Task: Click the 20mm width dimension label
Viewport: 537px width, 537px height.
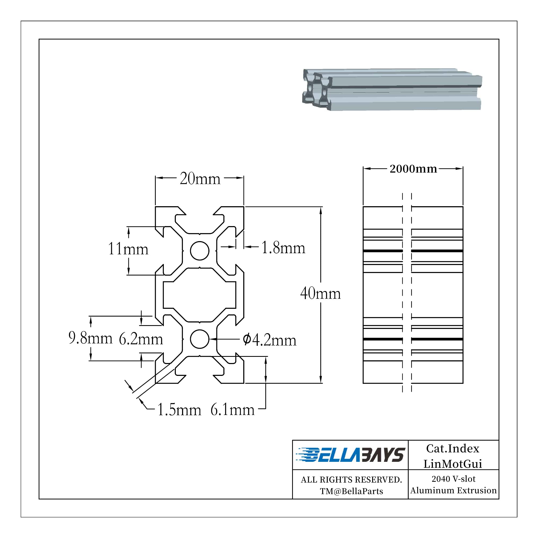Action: click(200, 179)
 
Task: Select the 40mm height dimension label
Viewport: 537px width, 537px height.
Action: click(320, 293)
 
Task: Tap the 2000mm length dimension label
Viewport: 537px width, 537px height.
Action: click(413, 169)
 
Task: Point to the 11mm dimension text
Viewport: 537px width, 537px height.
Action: click(128, 249)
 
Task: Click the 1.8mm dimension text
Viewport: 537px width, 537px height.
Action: click(283, 248)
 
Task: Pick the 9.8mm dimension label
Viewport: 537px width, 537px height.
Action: click(90, 338)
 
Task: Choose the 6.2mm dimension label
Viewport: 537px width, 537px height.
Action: click(141, 339)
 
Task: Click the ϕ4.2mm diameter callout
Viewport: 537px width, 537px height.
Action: click(269, 340)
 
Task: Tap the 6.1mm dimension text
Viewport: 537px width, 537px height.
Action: click(232, 410)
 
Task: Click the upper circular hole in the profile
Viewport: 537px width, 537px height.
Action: click(199, 251)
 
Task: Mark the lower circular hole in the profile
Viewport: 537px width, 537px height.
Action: click(199, 339)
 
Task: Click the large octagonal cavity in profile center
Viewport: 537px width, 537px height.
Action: click(199, 295)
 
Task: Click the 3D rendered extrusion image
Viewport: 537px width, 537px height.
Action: click(392, 89)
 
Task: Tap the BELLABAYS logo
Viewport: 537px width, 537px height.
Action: click(350, 455)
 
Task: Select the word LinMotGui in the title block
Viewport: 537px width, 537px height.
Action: click(452, 464)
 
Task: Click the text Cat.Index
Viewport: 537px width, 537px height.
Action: click(452, 448)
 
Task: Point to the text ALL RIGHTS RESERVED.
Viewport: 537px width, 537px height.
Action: click(351, 480)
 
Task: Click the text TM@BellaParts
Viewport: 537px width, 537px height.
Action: click(351, 491)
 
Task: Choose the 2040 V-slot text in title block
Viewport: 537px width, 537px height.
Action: click(453, 479)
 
